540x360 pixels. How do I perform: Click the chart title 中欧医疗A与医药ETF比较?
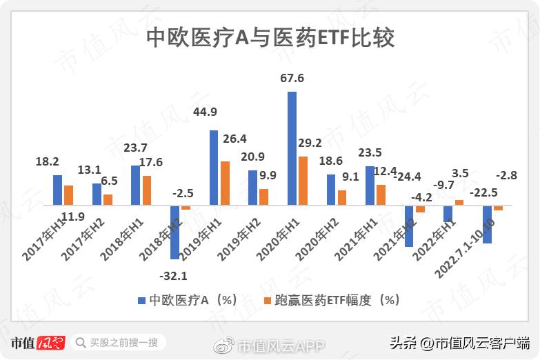(270, 38)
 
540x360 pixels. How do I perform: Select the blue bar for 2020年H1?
(292, 148)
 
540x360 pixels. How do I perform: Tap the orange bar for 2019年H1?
(225, 183)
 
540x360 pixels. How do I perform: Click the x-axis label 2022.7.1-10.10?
(467, 248)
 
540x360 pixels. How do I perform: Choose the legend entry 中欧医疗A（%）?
(188, 300)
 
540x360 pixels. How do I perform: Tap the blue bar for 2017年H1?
(57, 190)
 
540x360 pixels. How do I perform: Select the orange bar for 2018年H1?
(146, 190)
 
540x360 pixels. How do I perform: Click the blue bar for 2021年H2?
(409, 226)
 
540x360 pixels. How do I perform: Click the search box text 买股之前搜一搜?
(123, 343)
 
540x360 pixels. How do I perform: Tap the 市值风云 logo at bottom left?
(37, 343)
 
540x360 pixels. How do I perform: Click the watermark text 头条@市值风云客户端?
(459, 343)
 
